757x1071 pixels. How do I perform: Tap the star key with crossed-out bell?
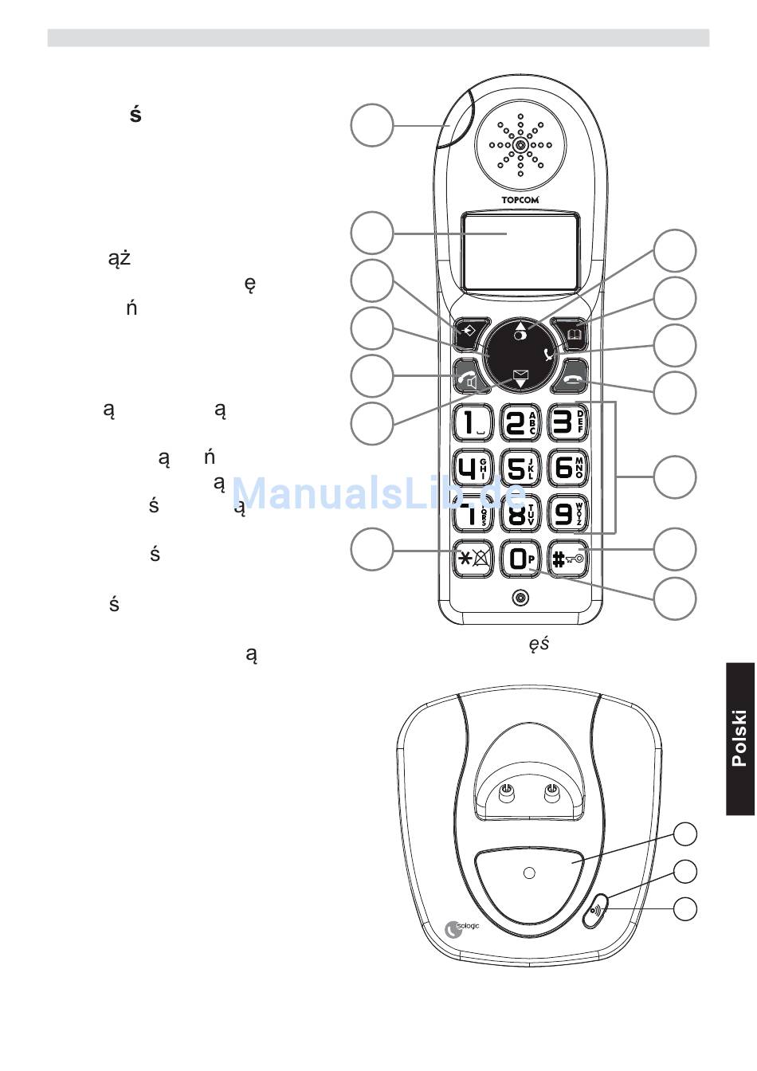point(473,559)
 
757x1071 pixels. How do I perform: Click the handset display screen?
point(520,250)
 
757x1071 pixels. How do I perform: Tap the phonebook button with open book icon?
point(574,332)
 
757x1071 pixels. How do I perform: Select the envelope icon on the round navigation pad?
point(521,372)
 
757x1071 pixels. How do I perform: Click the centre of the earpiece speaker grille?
point(520,145)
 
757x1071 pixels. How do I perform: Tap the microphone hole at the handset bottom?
point(520,598)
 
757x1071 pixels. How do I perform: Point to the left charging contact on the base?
point(505,790)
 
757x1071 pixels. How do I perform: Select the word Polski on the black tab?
point(740,738)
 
